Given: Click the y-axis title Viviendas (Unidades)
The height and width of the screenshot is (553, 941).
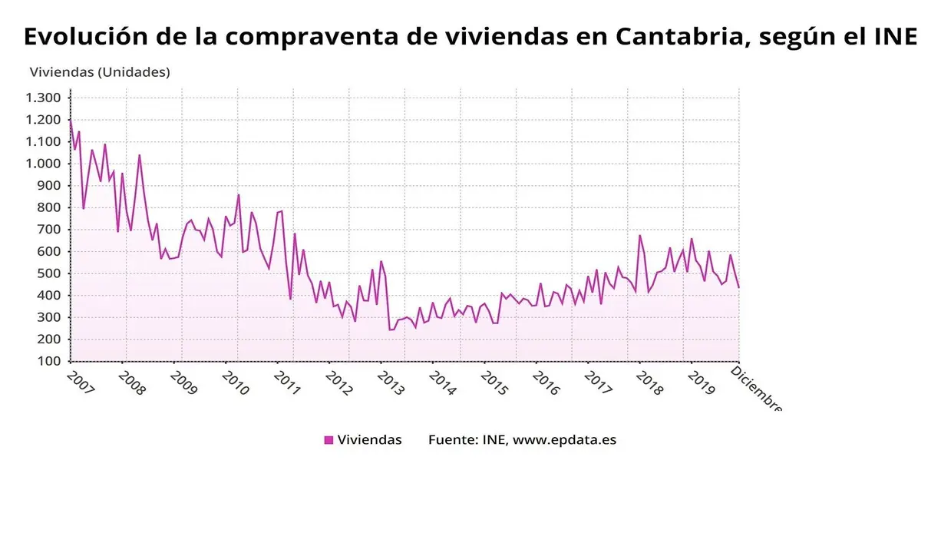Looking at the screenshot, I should [100, 72].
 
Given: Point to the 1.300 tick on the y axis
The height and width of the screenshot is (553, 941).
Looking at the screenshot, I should [43, 98].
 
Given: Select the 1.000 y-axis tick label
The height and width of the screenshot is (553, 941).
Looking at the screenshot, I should [43, 164].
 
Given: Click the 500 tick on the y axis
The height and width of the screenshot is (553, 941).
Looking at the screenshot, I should [49, 273].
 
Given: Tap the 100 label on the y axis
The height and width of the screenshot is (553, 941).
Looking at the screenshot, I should [49, 361].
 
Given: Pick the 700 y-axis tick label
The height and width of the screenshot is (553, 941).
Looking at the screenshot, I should [49, 230].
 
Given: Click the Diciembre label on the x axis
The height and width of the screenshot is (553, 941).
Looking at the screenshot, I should [756, 389].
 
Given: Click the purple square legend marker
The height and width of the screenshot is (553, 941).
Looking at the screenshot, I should [329, 440].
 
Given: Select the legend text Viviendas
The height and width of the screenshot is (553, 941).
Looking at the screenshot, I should [369, 440].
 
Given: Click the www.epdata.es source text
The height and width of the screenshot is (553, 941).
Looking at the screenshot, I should [564, 440].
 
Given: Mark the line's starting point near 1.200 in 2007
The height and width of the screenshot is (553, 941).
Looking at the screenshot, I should [71, 121].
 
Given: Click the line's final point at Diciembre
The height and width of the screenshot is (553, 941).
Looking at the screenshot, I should [738, 287].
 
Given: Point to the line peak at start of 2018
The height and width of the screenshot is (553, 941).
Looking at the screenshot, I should [639, 235].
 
